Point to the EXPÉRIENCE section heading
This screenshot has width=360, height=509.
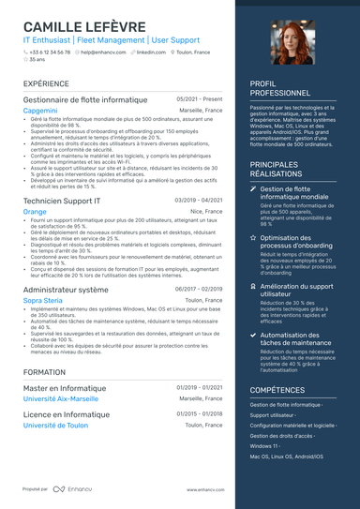(x=46, y=84)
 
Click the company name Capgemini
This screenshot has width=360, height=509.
(x=40, y=111)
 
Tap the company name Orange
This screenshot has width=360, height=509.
(x=34, y=212)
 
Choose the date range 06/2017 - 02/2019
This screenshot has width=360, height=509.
(x=199, y=290)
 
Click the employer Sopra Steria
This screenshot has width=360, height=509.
(x=42, y=300)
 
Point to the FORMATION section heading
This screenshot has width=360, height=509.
(x=44, y=372)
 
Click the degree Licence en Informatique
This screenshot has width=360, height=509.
(x=66, y=414)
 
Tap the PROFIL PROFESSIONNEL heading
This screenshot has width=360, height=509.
(x=280, y=89)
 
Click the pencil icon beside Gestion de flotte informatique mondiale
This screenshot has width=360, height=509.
(x=253, y=188)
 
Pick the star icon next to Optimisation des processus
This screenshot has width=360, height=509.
(x=253, y=238)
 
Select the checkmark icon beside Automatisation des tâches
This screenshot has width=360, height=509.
(x=253, y=335)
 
